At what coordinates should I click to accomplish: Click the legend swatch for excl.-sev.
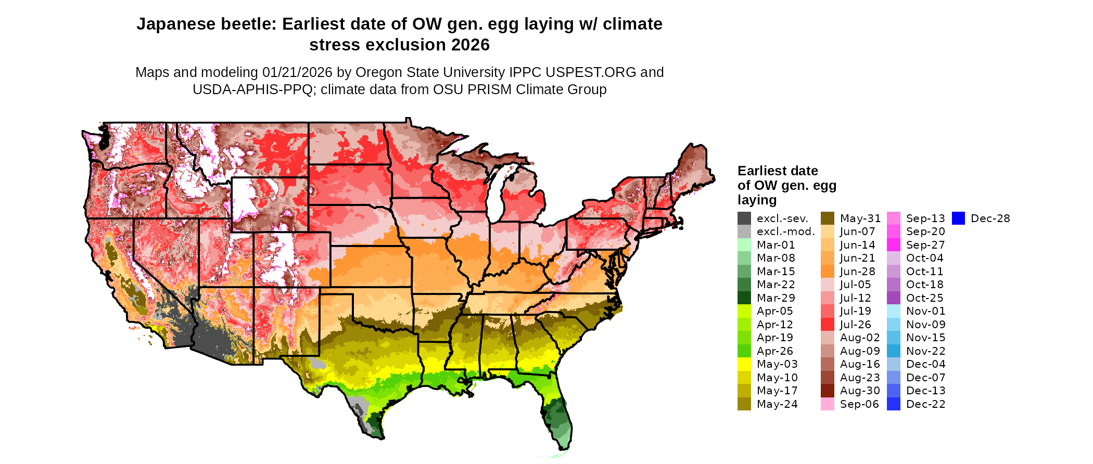(x=744, y=218)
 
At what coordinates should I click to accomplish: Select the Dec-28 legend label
(x=990, y=218)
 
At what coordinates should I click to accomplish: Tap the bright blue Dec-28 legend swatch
(x=959, y=218)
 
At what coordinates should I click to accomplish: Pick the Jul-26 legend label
(x=855, y=325)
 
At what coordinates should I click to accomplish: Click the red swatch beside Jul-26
(x=828, y=325)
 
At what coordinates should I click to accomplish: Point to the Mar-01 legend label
(x=776, y=245)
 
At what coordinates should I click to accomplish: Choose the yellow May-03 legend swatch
(x=744, y=364)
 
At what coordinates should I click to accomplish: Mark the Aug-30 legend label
(x=860, y=391)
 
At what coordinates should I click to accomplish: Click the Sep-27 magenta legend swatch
(x=894, y=245)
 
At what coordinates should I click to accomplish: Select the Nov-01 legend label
(x=925, y=311)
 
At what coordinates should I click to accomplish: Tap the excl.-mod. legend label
(x=785, y=231)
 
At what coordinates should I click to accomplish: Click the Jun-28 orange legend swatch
(x=828, y=272)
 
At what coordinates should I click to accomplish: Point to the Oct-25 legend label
(x=924, y=298)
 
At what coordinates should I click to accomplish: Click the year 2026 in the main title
(x=471, y=45)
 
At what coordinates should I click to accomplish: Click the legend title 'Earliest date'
(x=778, y=171)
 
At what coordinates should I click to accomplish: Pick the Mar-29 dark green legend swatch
(x=744, y=298)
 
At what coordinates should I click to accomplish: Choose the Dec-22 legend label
(x=925, y=404)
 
